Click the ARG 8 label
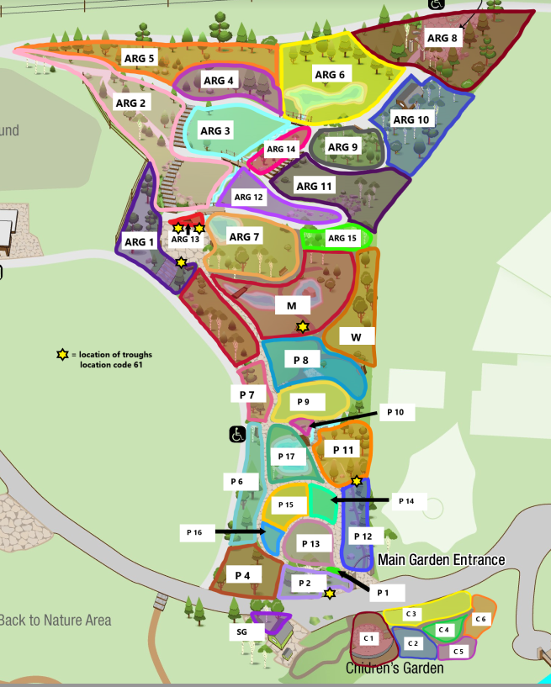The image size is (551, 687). coord(442,38)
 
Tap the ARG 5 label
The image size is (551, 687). coord(140,58)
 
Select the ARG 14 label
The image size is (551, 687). coord(281,150)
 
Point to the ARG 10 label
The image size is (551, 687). coord(411,119)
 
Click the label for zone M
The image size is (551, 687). coord(292,304)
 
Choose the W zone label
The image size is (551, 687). coord(356,336)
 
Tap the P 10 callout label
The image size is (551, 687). coord(395,412)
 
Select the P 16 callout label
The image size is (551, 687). coord(195,532)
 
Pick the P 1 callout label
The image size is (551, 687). coord(384,592)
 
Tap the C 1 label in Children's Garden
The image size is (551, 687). coord(368,638)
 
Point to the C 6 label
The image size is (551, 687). coord(480,619)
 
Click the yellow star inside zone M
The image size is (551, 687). coord(303,326)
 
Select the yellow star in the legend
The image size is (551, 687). coord(62,355)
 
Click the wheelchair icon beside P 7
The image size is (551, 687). coord(238,435)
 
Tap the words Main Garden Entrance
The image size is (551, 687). coord(441,560)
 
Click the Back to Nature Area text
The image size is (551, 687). coord(55,621)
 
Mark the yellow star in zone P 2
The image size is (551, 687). coord(330,594)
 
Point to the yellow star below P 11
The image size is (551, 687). coord(357,481)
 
